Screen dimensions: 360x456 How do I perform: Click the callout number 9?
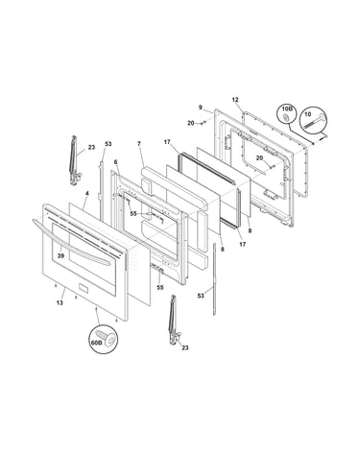[201, 108]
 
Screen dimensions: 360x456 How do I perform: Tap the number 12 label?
[235, 100]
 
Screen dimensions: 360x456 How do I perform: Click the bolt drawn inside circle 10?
[313, 122]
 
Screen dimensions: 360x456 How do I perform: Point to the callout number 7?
[139, 144]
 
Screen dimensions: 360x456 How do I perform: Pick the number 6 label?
[115, 162]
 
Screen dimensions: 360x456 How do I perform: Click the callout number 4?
[86, 193]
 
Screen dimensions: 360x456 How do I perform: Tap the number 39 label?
[60, 256]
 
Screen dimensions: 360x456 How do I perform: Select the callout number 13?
[60, 302]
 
